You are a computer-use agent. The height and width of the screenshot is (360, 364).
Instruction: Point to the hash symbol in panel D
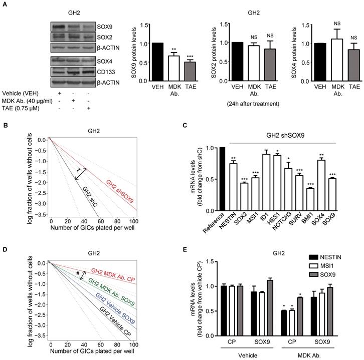point(78,273)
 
